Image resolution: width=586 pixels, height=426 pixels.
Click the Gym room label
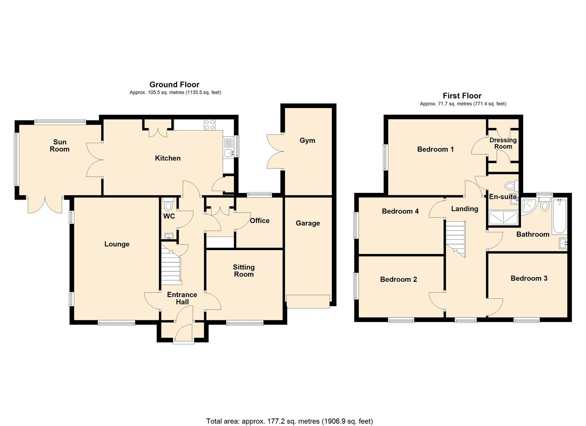coord(307,141)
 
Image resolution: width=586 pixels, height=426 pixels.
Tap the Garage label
coord(308,223)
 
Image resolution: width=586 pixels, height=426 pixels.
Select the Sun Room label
coord(60,146)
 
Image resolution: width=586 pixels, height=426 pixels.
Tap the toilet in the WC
coord(168,204)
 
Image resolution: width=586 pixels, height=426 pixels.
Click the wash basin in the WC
coord(169,236)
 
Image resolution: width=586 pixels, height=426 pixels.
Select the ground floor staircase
coord(171,267)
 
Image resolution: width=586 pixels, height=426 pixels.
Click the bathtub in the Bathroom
coord(559,217)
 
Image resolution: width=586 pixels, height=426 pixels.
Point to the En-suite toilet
coord(512,187)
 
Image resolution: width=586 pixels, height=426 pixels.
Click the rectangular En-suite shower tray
coord(504,218)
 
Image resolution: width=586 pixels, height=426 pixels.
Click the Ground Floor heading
coord(174,84)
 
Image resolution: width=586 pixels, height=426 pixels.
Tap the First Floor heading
coord(462,96)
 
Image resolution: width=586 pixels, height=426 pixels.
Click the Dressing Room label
coord(503,143)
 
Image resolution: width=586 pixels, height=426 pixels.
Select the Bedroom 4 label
coord(400,211)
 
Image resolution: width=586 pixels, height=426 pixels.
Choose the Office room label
coord(260,221)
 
